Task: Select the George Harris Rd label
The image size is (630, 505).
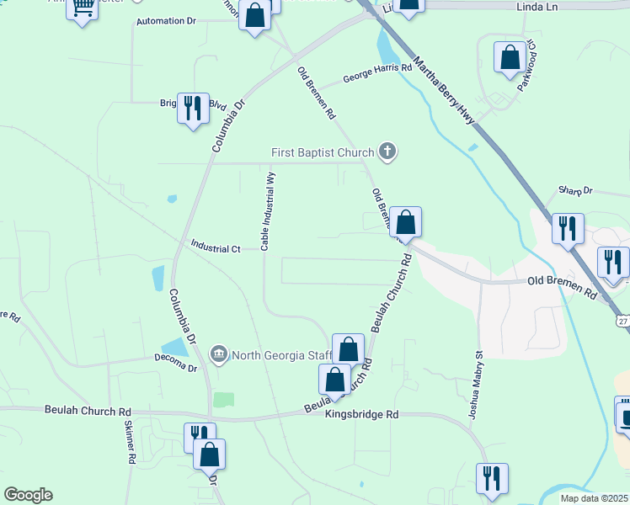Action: pyautogui.click(x=377, y=73)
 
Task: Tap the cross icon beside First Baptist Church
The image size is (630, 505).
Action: pyautogui.click(x=387, y=151)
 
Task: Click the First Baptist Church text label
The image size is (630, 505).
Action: pyautogui.click(x=322, y=152)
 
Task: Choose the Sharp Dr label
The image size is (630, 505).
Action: pyautogui.click(x=576, y=191)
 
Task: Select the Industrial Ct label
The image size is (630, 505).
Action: pyautogui.click(x=216, y=249)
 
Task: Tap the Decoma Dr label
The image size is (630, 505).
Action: pyautogui.click(x=175, y=368)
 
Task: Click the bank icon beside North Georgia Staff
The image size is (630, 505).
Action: pyautogui.click(x=219, y=353)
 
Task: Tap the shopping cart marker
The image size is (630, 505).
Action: pyautogui.click(x=83, y=8)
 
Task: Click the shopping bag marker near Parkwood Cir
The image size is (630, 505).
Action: pyautogui.click(x=510, y=58)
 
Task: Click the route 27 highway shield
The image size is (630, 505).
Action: pyautogui.click(x=622, y=321)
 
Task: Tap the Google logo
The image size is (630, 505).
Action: pyautogui.click(x=28, y=495)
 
